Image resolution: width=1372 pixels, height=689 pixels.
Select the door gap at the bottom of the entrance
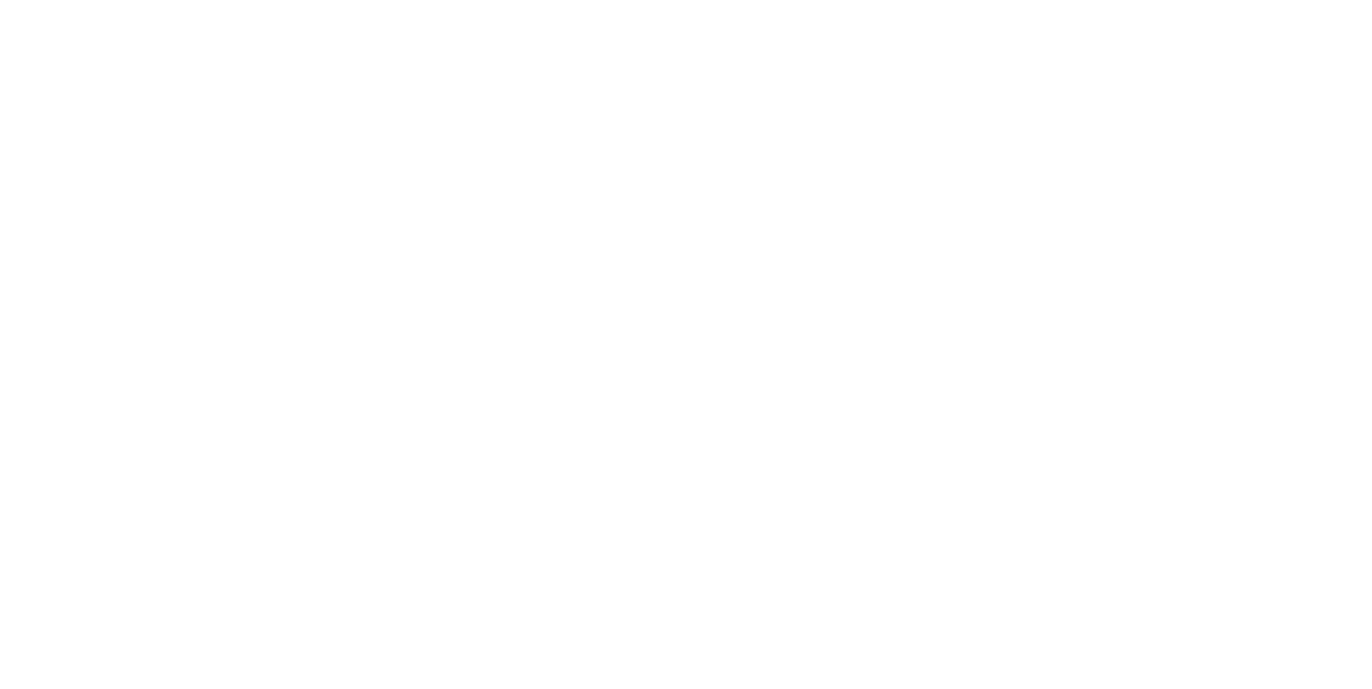click(649, 508)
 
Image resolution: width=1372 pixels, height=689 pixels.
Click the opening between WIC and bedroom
click(1154, 282)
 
